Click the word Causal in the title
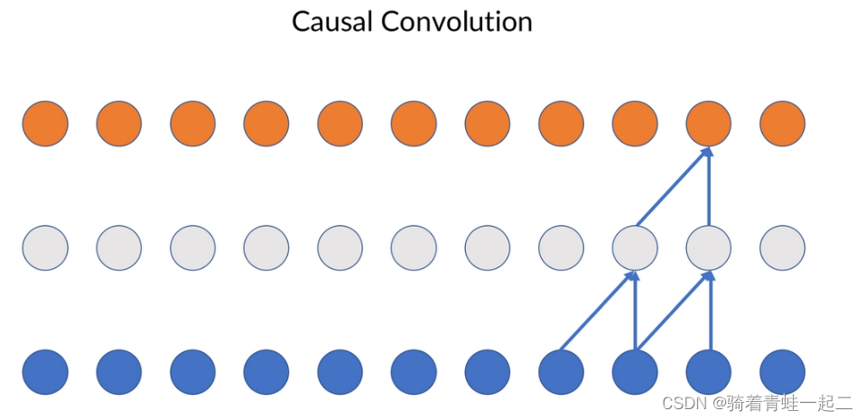(331, 22)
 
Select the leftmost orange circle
(45, 124)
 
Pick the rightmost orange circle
(782, 124)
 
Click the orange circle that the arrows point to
(709, 124)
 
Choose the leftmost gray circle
(45, 247)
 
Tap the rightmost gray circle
(782, 247)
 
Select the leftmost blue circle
(45, 371)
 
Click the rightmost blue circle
(782, 371)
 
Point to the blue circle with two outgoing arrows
(635, 371)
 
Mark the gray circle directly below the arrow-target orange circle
(709, 247)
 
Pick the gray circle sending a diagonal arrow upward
(635, 247)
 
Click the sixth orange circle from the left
(414, 124)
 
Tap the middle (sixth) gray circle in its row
(414, 247)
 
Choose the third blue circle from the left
(192, 371)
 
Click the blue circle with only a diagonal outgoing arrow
(561, 371)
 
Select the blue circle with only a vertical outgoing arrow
(709, 371)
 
